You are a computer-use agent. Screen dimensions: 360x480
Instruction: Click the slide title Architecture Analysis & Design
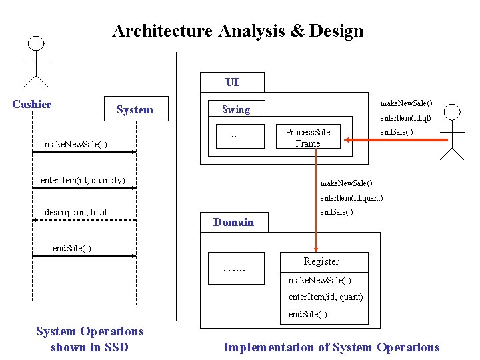[x=237, y=31]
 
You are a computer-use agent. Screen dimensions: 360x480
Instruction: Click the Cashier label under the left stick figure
[x=32, y=104]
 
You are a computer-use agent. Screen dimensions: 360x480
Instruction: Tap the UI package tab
[x=232, y=82]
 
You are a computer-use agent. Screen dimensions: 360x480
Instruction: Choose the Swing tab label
[x=236, y=109]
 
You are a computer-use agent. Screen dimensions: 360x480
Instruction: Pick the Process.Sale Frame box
[x=308, y=137]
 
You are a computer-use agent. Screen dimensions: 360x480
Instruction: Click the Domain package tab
[x=233, y=222]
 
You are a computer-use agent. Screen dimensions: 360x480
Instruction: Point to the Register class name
[x=321, y=261]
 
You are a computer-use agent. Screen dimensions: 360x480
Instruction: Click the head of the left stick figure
[x=36, y=43]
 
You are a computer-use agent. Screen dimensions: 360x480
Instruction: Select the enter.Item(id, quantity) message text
[x=83, y=180]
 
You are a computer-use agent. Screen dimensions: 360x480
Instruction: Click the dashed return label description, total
[x=75, y=212]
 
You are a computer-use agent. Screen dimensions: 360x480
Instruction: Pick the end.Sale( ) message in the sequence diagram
[x=72, y=248]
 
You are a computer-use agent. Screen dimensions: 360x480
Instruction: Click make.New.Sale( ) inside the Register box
[x=319, y=281]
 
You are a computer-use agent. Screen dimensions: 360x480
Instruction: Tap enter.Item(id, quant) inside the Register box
[x=325, y=297]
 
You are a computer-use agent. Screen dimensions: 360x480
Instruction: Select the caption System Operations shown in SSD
[x=89, y=339]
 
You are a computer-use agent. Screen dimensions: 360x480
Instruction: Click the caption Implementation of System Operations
[x=331, y=347]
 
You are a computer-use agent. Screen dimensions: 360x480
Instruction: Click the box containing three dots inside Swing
[x=236, y=137]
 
